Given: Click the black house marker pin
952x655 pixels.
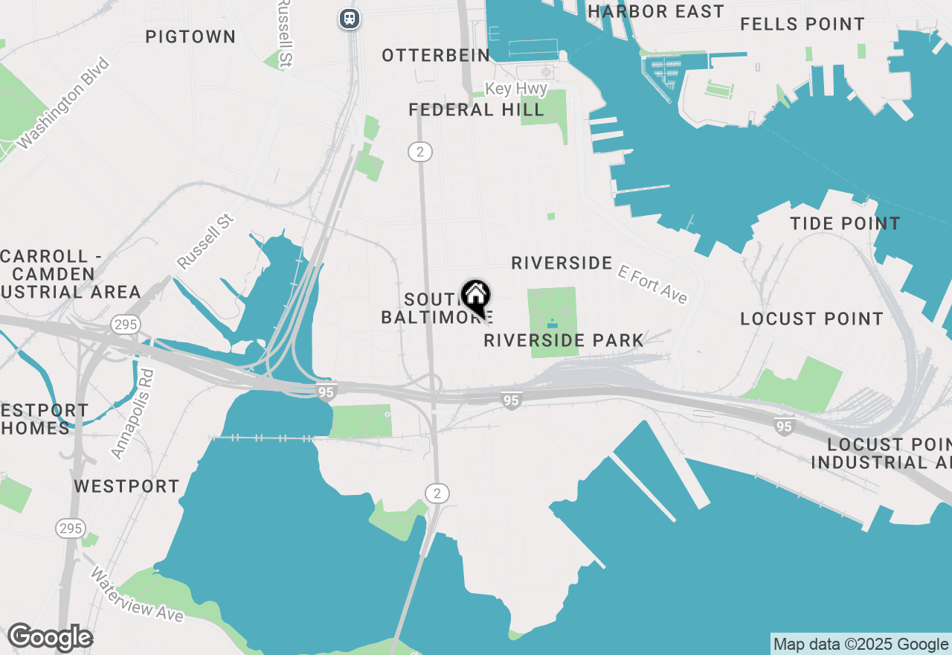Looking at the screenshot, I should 475,297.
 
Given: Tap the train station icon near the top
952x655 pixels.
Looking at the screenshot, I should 349,19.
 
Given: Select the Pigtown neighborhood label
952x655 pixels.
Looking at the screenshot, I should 190,36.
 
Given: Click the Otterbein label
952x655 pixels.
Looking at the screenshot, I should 436,55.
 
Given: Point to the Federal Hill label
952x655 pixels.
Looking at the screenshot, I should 476,110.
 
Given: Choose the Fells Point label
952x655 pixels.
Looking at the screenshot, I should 803,24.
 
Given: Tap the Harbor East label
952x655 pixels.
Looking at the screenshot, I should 655,11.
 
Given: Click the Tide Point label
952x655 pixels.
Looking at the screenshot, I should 845,223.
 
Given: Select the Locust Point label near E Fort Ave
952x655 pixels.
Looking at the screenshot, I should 811,319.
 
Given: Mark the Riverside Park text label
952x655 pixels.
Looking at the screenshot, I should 564,340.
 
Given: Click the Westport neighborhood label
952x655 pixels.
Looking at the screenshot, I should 126,486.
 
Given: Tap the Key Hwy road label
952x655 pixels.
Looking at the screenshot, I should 516,89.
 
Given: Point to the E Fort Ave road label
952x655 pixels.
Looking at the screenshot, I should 652,286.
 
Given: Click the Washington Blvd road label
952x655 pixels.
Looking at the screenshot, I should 63,103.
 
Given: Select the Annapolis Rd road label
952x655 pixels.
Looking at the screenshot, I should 132,414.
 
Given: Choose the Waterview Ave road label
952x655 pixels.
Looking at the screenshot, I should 138,595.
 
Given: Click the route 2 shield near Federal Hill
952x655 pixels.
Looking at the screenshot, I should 420,152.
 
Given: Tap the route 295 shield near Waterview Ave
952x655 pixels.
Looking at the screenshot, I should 70,528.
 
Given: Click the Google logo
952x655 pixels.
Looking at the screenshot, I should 50,638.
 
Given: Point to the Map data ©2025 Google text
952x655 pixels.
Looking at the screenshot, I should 861,645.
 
